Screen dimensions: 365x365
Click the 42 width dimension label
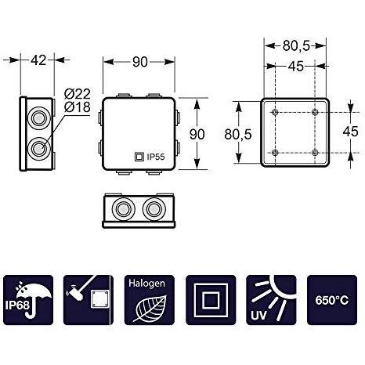38,60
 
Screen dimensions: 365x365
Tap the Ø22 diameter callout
77,94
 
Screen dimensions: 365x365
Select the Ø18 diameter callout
77,107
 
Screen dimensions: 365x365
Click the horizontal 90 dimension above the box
140,62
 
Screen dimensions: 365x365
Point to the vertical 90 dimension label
197,134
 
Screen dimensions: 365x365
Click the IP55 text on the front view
156,157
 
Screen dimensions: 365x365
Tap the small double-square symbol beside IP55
139,157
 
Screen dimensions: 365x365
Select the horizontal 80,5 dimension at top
296,46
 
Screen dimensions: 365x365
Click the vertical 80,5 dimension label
238,135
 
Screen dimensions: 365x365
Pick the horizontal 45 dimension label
296,67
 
